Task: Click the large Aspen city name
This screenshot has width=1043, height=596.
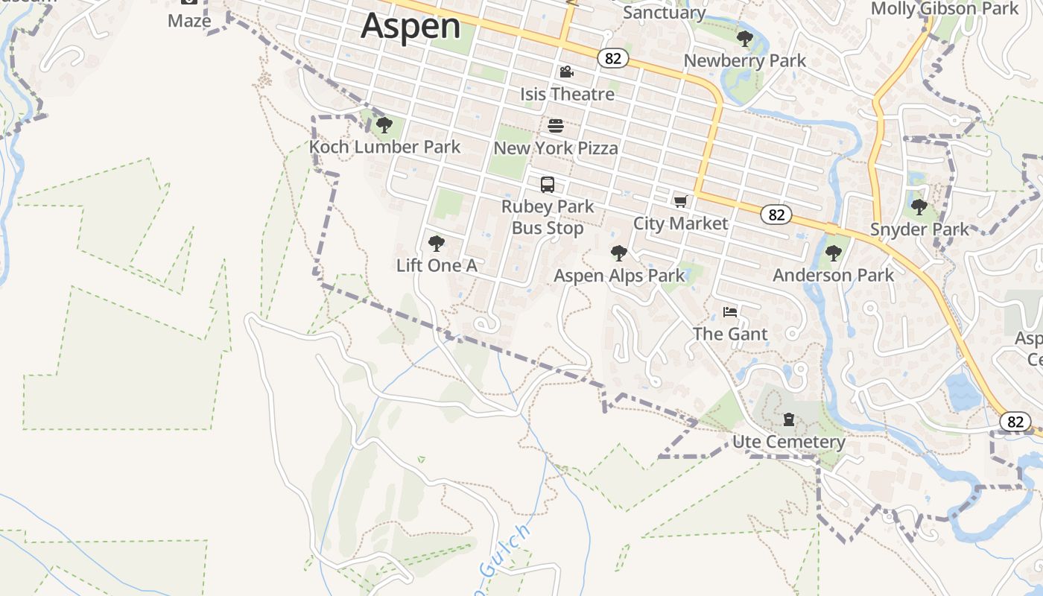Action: click(x=410, y=26)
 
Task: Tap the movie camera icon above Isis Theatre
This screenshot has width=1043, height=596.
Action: click(x=566, y=72)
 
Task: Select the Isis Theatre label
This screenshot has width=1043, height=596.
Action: click(x=567, y=94)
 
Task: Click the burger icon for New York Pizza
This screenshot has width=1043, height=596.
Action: click(x=556, y=126)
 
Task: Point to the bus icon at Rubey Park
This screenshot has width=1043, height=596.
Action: click(x=548, y=185)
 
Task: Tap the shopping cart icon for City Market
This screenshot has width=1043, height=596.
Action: click(x=680, y=201)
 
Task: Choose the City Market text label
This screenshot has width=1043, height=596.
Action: click(x=680, y=223)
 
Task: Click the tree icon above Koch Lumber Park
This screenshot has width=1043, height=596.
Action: click(x=384, y=125)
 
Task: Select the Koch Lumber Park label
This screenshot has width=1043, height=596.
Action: click(x=385, y=147)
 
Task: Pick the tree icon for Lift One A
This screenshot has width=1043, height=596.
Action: click(x=437, y=244)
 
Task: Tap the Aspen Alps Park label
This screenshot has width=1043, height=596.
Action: click(x=619, y=276)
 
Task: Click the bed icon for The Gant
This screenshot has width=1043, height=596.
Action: click(x=730, y=312)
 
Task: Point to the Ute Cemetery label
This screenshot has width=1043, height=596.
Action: click(x=789, y=442)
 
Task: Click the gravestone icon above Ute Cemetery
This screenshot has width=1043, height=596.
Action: click(x=789, y=419)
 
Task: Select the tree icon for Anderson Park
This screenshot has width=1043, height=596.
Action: click(x=834, y=253)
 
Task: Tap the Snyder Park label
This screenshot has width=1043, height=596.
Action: click(x=919, y=229)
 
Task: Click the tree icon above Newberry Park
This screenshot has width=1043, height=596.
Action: click(x=744, y=39)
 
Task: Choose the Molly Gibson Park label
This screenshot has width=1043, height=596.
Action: click(x=944, y=9)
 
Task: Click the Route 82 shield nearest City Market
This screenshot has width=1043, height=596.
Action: click(x=776, y=215)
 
